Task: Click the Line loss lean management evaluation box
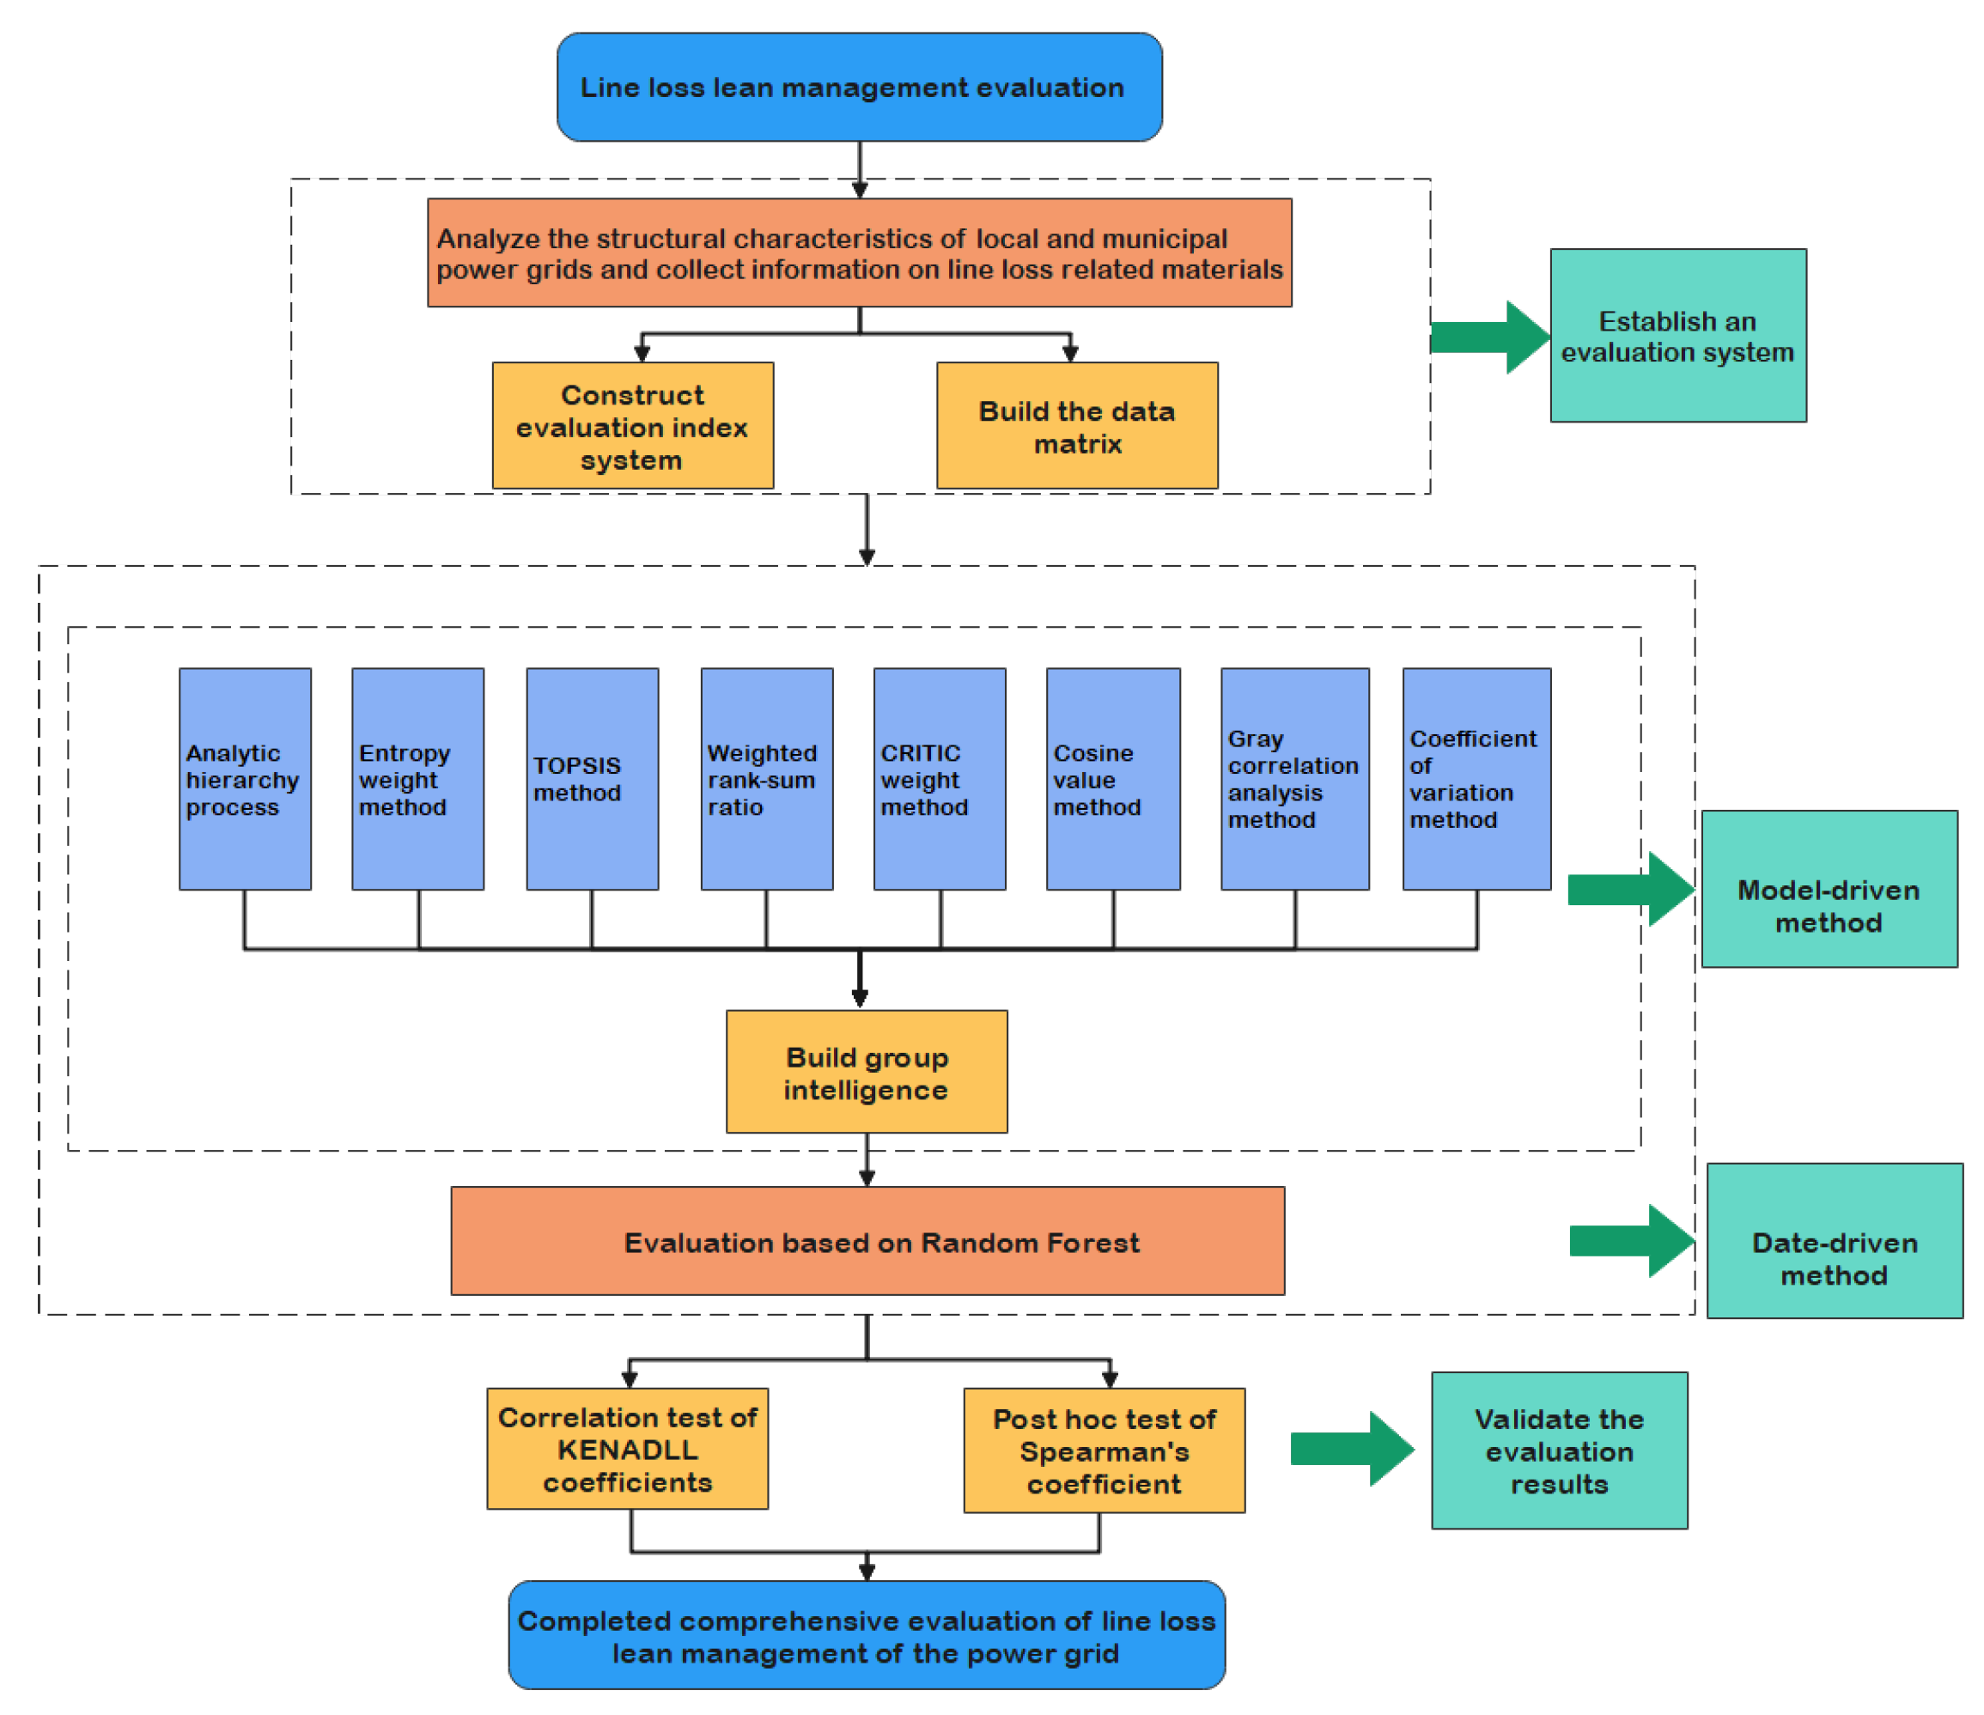pyautogui.click(x=859, y=87)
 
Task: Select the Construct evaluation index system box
pyautogui.click(x=632, y=426)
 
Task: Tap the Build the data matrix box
pyautogui.click(x=1076, y=426)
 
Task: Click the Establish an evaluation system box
pyautogui.click(x=1677, y=335)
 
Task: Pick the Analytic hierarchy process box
pyautogui.click(x=245, y=779)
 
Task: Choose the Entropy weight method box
pyautogui.click(x=417, y=779)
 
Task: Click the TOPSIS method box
pyautogui.click(x=592, y=779)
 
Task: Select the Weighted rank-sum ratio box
pyautogui.click(x=766, y=779)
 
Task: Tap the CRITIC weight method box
pyautogui.click(x=940, y=779)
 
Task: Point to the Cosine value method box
pyautogui.click(x=1112, y=779)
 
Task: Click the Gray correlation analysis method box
pyautogui.click(x=1294, y=779)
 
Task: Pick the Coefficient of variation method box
pyautogui.click(x=1476, y=779)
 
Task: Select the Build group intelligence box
pyautogui.click(x=866, y=1072)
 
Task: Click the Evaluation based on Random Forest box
pyautogui.click(x=867, y=1241)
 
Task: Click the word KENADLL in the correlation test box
pyautogui.click(x=627, y=1450)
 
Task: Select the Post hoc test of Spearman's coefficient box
pyautogui.click(x=1104, y=1450)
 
